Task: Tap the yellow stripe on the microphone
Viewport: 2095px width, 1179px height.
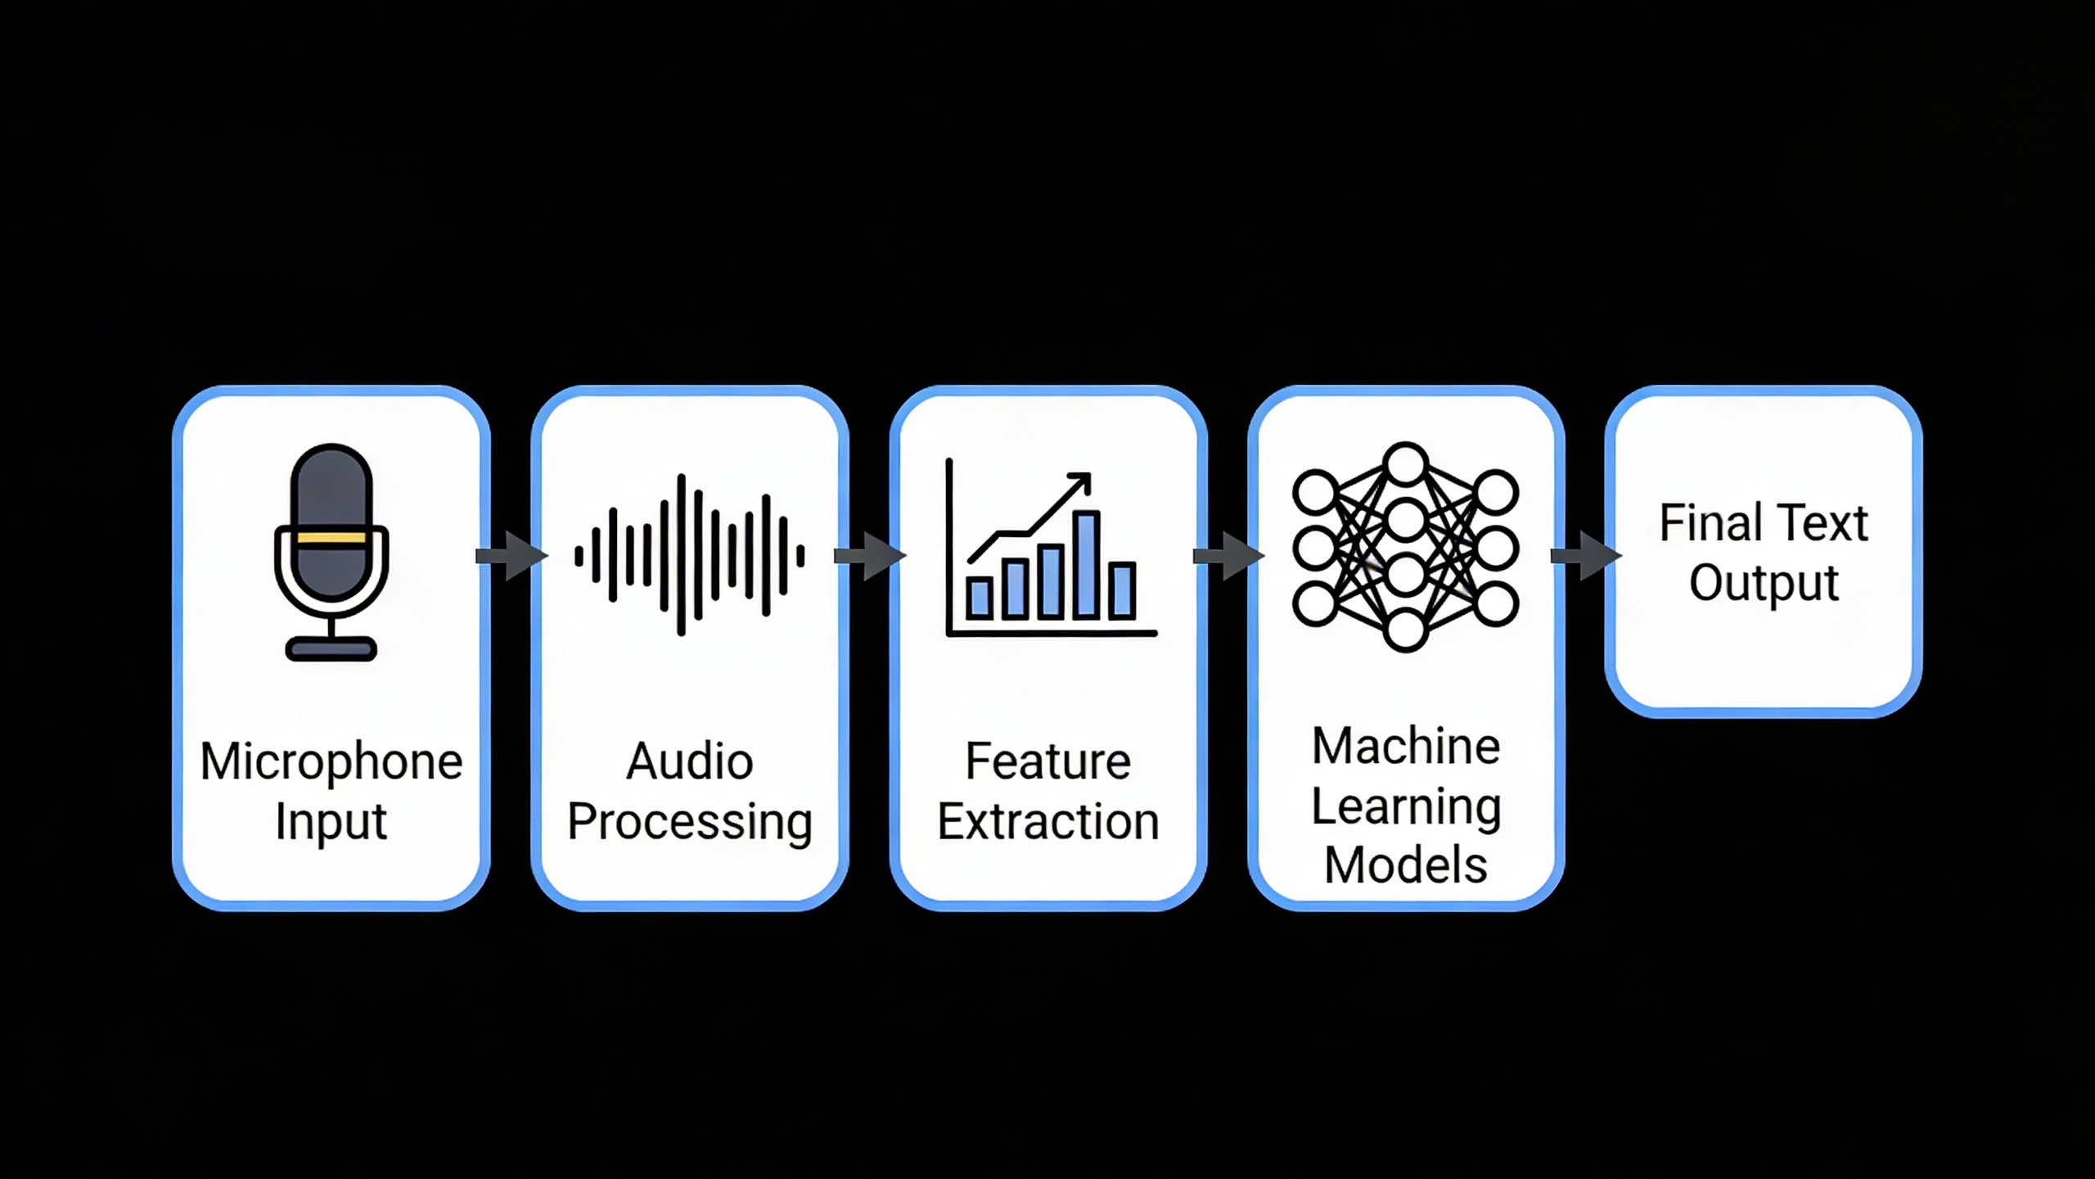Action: click(x=331, y=538)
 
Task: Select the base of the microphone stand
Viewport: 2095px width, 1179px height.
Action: click(x=331, y=649)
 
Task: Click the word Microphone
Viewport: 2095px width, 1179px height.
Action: click(x=331, y=762)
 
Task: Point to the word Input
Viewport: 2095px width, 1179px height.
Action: click(x=331, y=822)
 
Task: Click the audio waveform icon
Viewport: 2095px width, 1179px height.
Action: click(x=689, y=555)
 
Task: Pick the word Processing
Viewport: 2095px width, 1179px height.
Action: click(x=690, y=822)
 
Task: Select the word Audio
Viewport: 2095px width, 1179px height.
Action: click(x=690, y=762)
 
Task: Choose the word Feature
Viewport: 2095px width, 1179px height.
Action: click(x=1048, y=762)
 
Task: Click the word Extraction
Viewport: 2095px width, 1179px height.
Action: click(x=1048, y=822)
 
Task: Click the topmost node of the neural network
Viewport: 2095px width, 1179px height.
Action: click(x=1405, y=463)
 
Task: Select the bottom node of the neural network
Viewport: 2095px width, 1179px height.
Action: click(x=1405, y=630)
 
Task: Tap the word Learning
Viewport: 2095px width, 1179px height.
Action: click(x=1406, y=807)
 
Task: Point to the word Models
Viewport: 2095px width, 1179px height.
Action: click(x=1406, y=866)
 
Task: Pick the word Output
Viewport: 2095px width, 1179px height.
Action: click(x=1764, y=584)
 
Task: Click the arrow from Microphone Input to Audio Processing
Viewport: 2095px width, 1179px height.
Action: click(x=511, y=556)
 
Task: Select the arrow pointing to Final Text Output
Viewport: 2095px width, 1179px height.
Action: click(x=1585, y=556)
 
